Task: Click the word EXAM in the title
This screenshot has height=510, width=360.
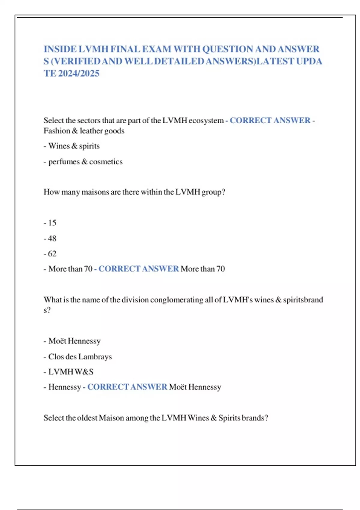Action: (156, 49)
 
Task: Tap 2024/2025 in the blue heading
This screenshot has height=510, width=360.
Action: (79, 73)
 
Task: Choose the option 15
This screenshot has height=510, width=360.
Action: (52, 223)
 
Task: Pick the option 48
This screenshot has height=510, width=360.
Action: (52, 238)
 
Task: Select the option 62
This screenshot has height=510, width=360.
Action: (52, 254)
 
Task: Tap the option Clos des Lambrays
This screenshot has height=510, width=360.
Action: (80, 357)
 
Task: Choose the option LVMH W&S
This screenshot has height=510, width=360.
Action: (71, 372)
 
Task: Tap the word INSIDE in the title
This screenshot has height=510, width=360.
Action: (60, 49)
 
